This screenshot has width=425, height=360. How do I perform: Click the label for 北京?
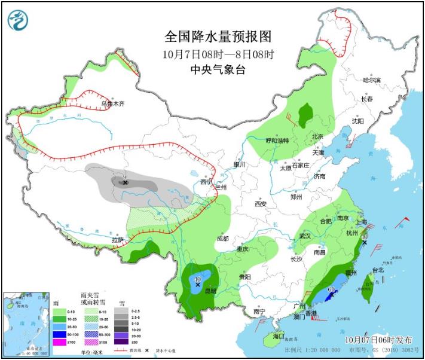317,137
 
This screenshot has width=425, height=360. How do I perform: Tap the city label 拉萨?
117,240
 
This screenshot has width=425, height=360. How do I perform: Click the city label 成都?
222,239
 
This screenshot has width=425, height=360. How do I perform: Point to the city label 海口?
279,337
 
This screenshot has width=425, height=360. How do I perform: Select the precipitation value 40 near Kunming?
198,278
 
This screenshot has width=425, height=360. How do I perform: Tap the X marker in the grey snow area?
126,182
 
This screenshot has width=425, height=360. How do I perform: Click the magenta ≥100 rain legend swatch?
60,341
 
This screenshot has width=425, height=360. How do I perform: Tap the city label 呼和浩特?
277,141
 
